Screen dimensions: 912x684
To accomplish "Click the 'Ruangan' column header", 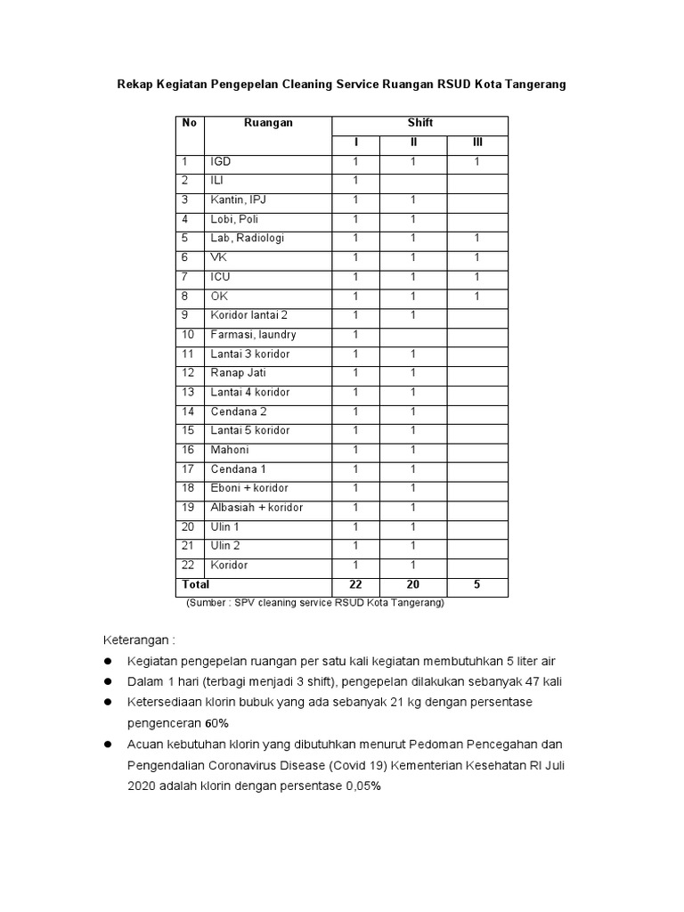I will pos(268,123).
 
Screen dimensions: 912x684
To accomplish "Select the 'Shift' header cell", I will pos(419,123).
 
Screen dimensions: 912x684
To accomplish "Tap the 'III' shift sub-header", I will pos(476,142).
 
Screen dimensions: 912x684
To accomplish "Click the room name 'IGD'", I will pos(221,162).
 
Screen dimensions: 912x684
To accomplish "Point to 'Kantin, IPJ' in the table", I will pos(239,200).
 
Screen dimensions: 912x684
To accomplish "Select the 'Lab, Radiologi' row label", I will pos(248,239).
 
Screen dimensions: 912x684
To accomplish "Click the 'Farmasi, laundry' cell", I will pos(253,335).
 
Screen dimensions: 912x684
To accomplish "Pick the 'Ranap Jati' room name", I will pos(238,373).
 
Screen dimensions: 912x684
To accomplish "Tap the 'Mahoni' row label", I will pos(230,450).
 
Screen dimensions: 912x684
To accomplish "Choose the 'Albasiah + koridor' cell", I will pos(256,508).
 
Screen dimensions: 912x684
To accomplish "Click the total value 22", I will pos(355,585).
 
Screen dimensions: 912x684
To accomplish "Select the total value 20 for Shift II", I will pos(413,585).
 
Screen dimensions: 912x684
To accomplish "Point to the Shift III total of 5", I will pos(476,585).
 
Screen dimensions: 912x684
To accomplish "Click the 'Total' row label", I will pos(196,585).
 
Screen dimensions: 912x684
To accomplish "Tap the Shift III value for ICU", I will pos(476,277).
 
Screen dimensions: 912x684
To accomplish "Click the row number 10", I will pos(188,335).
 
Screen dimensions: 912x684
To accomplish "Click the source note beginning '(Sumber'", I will pos(314,603).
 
